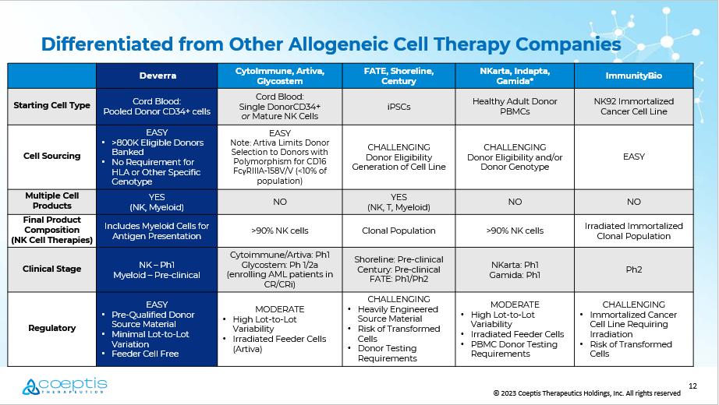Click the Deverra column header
point(158,76)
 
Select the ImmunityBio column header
point(634,76)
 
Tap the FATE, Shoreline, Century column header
point(398,76)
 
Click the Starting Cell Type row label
point(51,105)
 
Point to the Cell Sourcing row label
point(51,156)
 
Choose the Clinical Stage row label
point(51,269)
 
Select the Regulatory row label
point(51,328)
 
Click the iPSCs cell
point(398,107)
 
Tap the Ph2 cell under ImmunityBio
point(634,269)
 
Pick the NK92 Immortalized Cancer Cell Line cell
point(634,106)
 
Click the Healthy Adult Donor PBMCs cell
point(515,106)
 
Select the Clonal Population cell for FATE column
point(398,231)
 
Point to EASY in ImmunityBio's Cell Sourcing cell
point(634,157)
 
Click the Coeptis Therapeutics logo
point(65,386)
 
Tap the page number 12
point(692,386)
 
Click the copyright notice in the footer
point(586,393)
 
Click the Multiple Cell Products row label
point(51,201)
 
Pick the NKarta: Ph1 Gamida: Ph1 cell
point(515,269)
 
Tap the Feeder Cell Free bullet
point(145,354)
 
